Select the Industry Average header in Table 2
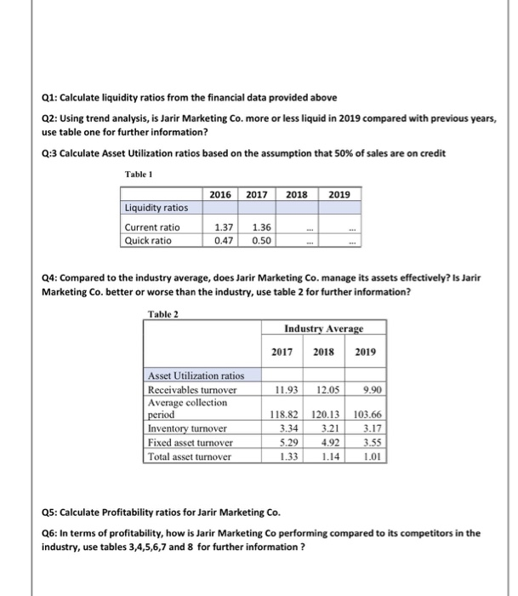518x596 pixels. (x=323, y=327)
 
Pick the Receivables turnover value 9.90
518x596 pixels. (x=367, y=391)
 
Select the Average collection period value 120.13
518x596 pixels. (x=325, y=417)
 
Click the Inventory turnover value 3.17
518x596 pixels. (x=367, y=430)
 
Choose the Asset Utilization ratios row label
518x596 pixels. (x=196, y=375)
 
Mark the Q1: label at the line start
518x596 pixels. (x=52, y=97)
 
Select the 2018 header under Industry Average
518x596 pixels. (x=325, y=351)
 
